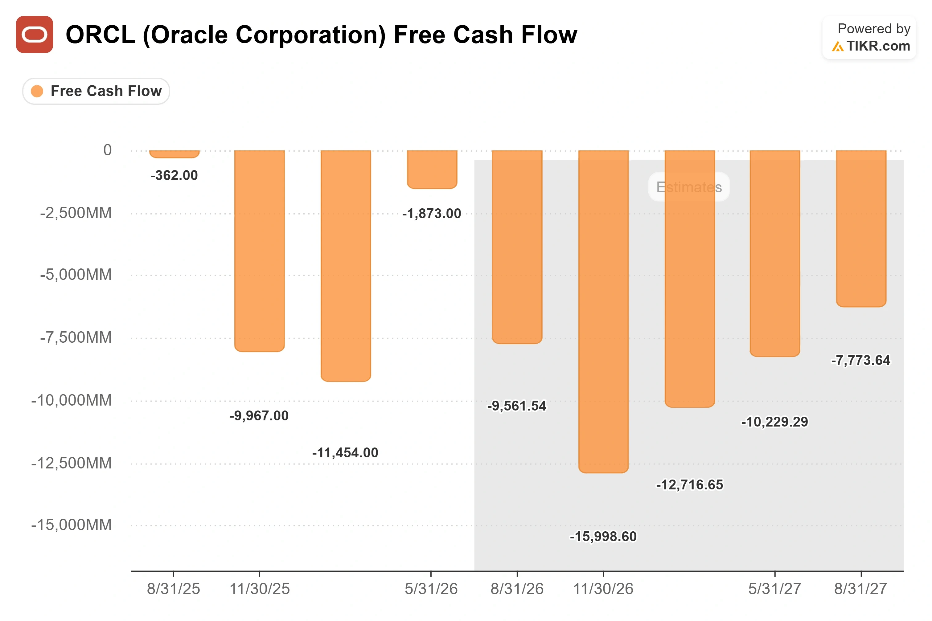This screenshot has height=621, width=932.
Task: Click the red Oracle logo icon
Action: click(x=35, y=35)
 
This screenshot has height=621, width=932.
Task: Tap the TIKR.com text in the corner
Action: click(x=878, y=46)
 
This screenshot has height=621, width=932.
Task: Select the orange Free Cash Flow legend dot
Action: click(x=37, y=91)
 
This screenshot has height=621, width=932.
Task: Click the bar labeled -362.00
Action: click(x=174, y=154)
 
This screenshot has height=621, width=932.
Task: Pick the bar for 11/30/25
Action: click(x=260, y=251)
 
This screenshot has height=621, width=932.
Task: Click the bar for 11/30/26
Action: click(x=603, y=312)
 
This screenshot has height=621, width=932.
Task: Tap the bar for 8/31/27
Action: click(x=861, y=228)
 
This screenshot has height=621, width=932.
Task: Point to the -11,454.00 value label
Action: click(x=345, y=453)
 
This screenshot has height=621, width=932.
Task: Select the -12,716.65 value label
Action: click(x=690, y=485)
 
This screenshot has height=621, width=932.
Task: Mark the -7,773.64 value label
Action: click(x=861, y=360)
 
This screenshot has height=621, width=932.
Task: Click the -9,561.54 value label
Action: click(x=517, y=406)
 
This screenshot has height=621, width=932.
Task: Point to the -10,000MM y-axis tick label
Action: click(x=71, y=400)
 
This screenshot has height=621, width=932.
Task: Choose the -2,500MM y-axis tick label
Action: click(x=76, y=213)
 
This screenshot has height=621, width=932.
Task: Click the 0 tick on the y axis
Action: click(x=107, y=150)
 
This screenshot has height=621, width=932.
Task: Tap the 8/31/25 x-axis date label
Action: click(x=174, y=589)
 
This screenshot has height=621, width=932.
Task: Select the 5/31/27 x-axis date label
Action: click(x=774, y=589)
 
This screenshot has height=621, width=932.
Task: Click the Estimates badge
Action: click(x=689, y=187)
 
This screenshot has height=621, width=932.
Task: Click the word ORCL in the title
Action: click(x=101, y=35)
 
